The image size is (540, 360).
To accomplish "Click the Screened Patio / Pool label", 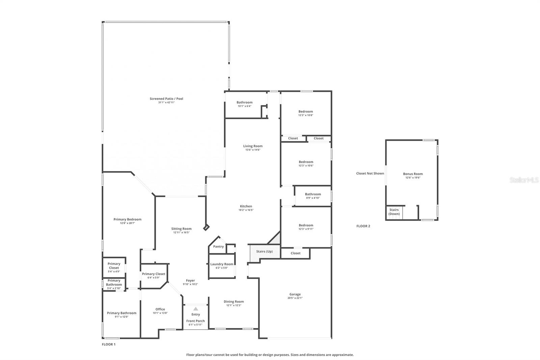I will (x=166, y=99).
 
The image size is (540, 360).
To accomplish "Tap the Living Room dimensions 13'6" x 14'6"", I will (x=253, y=150).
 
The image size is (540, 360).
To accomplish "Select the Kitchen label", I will (x=246, y=206).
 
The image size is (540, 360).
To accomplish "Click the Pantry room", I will (x=218, y=247).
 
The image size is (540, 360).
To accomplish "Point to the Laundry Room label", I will (x=222, y=264).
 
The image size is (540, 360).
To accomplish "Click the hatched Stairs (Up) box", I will (x=264, y=252).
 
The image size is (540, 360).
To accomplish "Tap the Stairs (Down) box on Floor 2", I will (x=394, y=212).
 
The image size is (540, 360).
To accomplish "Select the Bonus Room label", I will (x=413, y=174).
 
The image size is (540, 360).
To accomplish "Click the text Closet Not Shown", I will (x=370, y=174).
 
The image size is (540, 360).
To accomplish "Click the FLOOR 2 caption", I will (x=363, y=226).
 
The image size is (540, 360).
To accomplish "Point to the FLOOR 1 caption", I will (x=109, y=344).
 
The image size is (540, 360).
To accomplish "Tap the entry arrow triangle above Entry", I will (x=196, y=309).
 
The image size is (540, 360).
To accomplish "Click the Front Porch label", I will (x=195, y=321).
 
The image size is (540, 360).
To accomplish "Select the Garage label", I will (x=295, y=294).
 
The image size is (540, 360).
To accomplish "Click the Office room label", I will (x=160, y=309).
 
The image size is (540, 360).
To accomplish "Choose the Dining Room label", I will (x=234, y=302).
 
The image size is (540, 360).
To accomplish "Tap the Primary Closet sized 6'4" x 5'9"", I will (x=154, y=274).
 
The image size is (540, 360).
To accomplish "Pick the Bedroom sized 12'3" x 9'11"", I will (x=306, y=226).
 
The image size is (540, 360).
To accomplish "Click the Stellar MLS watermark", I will (x=524, y=180).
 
